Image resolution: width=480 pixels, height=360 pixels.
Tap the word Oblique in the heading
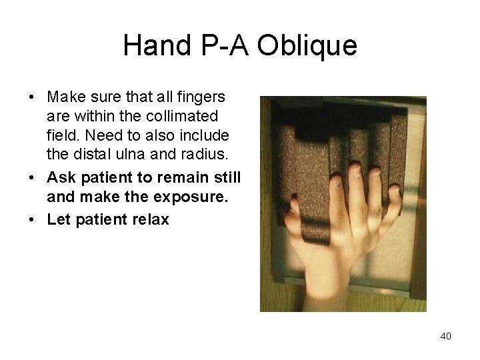pyautogui.click(x=313, y=46)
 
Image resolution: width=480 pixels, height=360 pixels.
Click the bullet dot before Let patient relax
pyautogui.click(x=32, y=219)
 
